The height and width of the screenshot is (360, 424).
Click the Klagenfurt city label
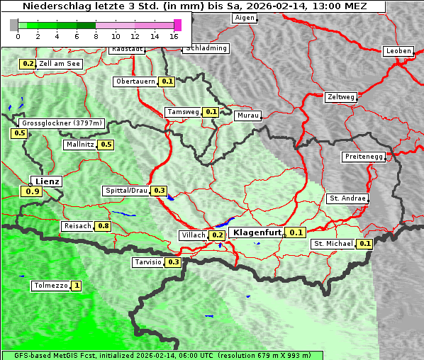click(x=257, y=232)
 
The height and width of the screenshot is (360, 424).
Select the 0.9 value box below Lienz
click(x=32, y=191)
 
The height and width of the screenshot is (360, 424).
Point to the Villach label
click(x=193, y=235)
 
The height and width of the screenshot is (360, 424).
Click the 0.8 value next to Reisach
click(x=104, y=226)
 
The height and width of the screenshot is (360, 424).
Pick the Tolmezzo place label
click(x=50, y=286)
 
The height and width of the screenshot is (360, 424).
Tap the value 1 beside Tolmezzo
click(x=76, y=286)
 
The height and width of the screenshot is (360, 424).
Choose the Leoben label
click(x=397, y=51)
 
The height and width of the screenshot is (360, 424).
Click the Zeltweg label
click(x=340, y=96)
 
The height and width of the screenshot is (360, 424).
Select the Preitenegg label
click(x=363, y=157)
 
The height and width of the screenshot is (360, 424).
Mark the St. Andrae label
click(x=347, y=198)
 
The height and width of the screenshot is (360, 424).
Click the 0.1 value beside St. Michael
click(x=364, y=244)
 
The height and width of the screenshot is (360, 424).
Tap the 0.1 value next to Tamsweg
click(x=211, y=112)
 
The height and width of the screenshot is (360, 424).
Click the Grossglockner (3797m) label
click(x=62, y=123)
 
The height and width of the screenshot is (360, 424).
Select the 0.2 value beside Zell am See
click(x=28, y=64)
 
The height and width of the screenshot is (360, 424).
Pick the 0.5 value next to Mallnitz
click(x=106, y=145)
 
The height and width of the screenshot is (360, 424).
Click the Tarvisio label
click(x=147, y=262)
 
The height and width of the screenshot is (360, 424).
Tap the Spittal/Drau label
click(x=125, y=191)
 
